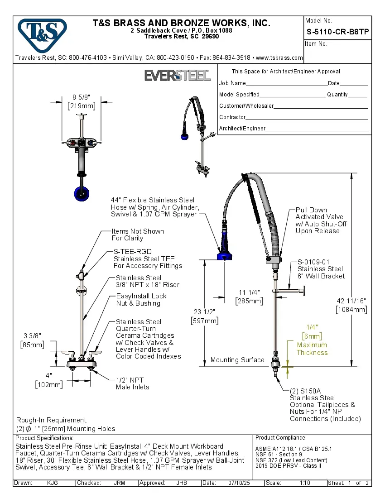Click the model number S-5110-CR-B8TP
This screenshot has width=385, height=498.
(337, 32)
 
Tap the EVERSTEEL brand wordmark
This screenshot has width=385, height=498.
(178, 75)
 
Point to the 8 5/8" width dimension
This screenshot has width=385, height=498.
(82, 97)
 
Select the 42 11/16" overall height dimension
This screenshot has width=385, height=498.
(351, 301)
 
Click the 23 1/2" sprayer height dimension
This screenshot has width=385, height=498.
(205, 311)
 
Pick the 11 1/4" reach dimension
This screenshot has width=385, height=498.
(249, 292)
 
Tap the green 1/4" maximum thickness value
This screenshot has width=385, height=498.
(312, 327)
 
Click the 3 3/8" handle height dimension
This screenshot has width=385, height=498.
(32, 335)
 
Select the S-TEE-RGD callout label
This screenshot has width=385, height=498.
(133, 251)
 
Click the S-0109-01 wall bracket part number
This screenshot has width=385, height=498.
(313, 262)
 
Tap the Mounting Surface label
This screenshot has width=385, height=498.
(237, 360)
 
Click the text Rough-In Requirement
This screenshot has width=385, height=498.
(52, 420)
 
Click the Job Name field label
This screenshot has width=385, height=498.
(232, 83)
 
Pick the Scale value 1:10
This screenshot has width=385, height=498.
(305, 483)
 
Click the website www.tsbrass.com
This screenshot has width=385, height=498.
(279, 58)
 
